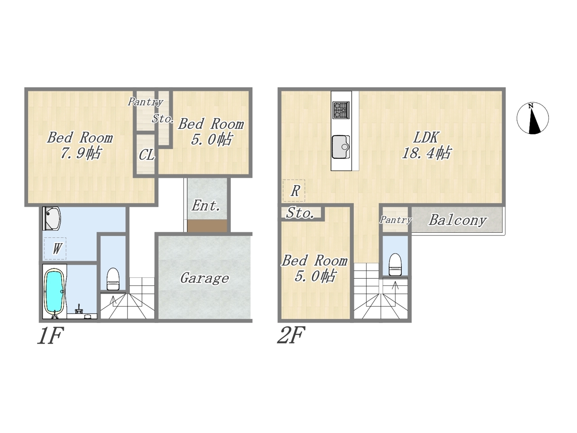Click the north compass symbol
[x=532, y=118]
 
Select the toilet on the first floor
[x=113, y=279]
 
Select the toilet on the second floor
[x=395, y=264]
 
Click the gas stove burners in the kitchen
[x=341, y=110]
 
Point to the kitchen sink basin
[x=341, y=147]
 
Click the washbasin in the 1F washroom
[x=52, y=218]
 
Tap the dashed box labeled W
[x=55, y=249]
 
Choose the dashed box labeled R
[x=294, y=191]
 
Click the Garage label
[x=205, y=278]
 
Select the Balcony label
[x=458, y=220]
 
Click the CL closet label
[x=147, y=155]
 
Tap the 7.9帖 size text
[x=80, y=153]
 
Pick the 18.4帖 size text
[x=426, y=152]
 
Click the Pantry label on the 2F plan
[x=396, y=220]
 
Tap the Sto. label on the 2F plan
[x=300, y=213]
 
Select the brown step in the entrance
[x=207, y=226]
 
